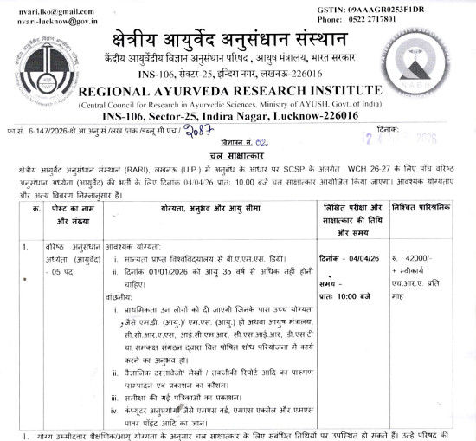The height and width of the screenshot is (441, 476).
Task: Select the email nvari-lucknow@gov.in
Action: (x=49, y=18)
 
